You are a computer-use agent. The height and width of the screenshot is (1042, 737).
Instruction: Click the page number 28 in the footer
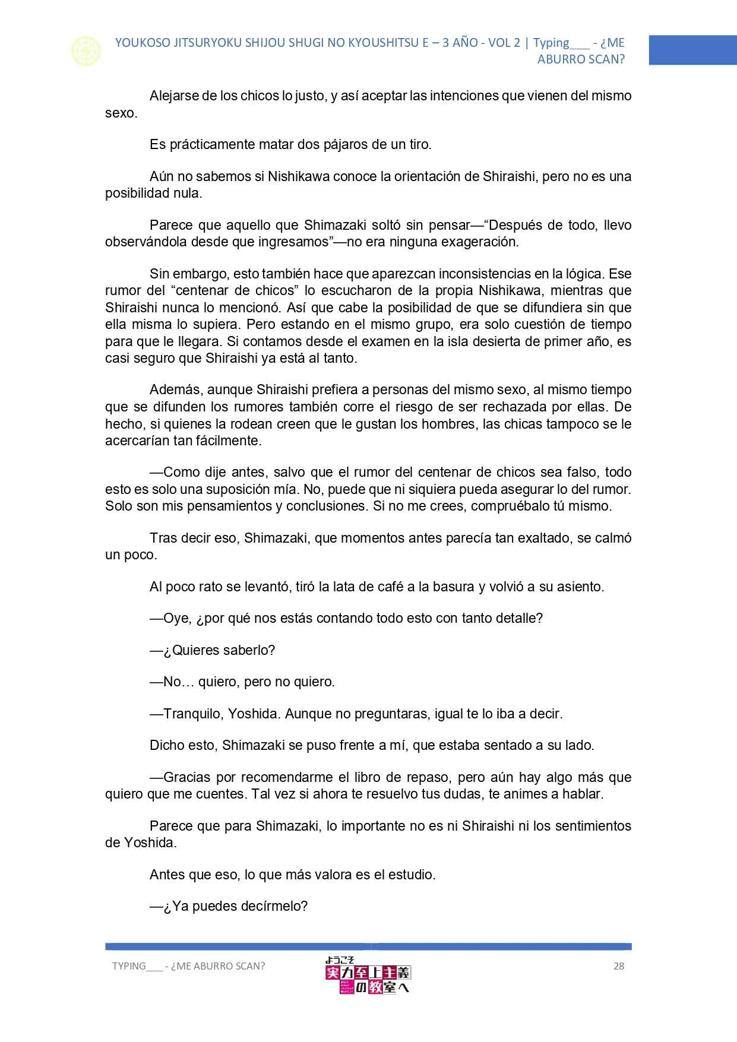point(618,966)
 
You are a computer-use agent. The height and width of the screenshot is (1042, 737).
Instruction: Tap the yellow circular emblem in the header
point(86,51)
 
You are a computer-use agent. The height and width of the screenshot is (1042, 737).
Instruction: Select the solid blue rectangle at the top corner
point(692,50)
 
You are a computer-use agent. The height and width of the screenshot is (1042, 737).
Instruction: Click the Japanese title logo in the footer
point(368,975)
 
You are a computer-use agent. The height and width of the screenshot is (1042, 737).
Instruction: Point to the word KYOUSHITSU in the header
point(384,43)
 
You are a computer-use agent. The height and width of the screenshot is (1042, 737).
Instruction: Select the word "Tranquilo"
point(191,714)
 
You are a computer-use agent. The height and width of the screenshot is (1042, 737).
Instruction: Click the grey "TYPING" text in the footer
point(129,966)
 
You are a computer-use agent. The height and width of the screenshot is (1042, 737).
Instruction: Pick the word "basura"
point(455,587)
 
